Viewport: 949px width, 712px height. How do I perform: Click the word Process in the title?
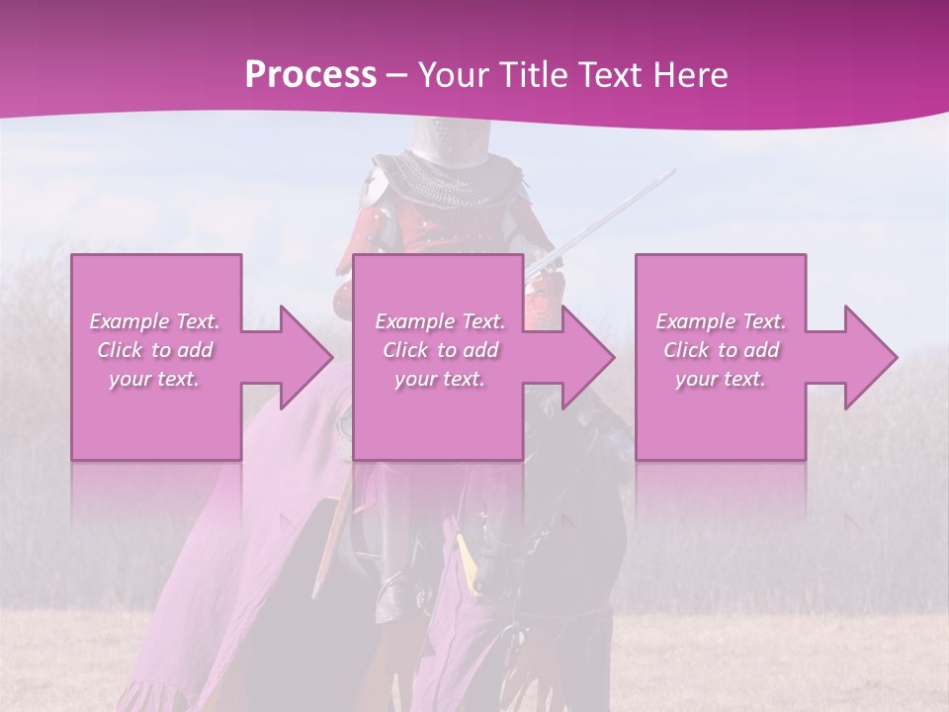(x=310, y=75)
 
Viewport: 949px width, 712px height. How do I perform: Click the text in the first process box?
(x=155, y=349)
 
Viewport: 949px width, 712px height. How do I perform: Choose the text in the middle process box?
(x=439, y=349)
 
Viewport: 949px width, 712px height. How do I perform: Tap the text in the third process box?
(x=721, y=349)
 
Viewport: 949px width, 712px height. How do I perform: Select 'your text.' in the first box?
(x=155, y=378)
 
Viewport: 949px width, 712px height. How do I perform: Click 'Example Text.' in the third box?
(x=721, y=320)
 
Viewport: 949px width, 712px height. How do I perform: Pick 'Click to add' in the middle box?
(x=439, y=349)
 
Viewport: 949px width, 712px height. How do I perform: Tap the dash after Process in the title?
(x=397, y=75)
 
